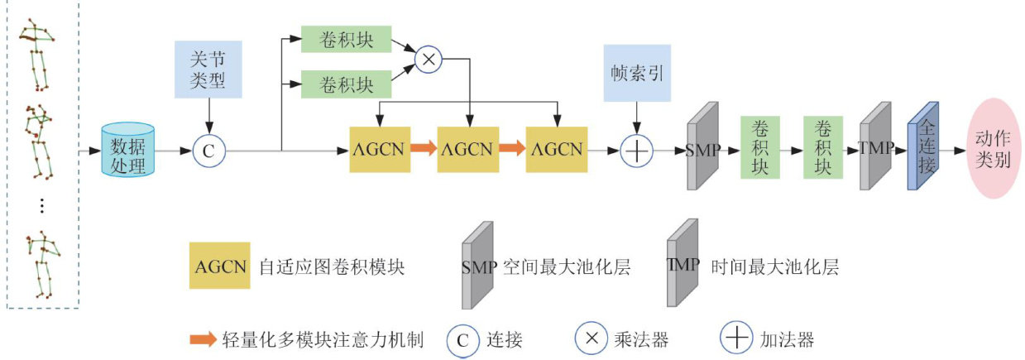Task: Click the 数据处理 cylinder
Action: tap(128, 150)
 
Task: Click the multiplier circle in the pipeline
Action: tap(428, 60)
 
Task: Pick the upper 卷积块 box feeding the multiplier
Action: tap(346, 39)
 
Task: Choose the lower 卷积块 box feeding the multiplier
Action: tap(346, 84)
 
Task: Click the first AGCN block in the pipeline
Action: tap(380, 150)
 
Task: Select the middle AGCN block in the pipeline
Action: tap(467, 150)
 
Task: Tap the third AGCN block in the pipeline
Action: tap(557, 150)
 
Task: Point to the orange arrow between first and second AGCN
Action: tap(423, 150)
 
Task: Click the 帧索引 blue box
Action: tap(635, 72)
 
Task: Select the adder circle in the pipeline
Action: tap(636, 151)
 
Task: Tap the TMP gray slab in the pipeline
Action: tap(876, 149)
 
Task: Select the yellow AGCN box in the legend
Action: tap(221, 266)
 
